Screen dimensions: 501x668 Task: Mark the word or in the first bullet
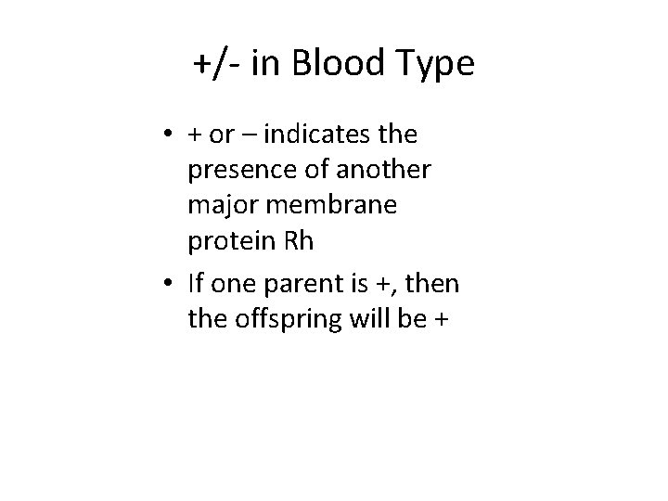[x=221, y=135]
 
